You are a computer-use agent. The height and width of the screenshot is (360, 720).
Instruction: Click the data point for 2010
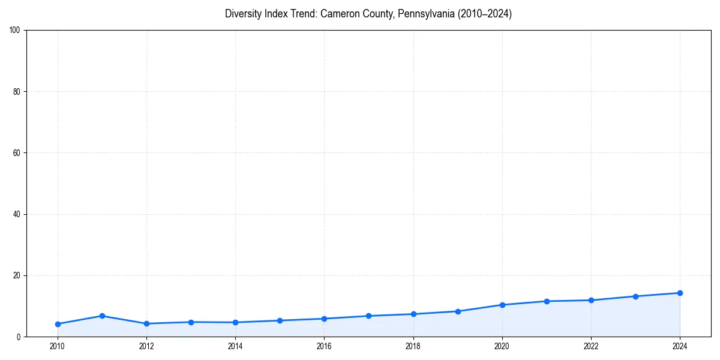coord(58,324)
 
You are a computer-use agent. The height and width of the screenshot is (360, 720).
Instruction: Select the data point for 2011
coord(102,316)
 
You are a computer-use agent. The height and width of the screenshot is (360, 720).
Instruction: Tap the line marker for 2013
coord(191,322)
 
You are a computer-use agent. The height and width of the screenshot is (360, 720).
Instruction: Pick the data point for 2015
coord(280,320)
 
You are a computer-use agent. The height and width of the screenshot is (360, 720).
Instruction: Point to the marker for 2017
coord(368,316)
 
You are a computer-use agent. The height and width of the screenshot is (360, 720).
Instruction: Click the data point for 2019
coord(458,311)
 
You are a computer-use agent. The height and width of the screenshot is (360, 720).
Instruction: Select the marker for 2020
coord(502,305)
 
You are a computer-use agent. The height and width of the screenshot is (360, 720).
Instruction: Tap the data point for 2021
coord(547,301)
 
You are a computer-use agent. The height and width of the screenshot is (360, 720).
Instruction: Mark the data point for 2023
coord(635,296)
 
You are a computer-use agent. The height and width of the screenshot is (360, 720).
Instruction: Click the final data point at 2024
coord(680,293)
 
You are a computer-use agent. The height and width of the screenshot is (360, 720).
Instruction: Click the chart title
coord(368,14)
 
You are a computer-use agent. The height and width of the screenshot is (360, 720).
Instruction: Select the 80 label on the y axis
coord(17,92)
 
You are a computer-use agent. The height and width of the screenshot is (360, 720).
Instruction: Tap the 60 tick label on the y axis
coord(17,153)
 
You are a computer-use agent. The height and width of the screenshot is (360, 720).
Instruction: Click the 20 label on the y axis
coord(17,275)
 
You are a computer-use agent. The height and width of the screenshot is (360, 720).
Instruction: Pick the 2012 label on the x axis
coord(146,346)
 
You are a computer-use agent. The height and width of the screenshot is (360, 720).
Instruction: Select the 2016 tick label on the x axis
coord(324,346)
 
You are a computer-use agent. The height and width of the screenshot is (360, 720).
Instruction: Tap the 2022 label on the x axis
coord(591,346)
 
